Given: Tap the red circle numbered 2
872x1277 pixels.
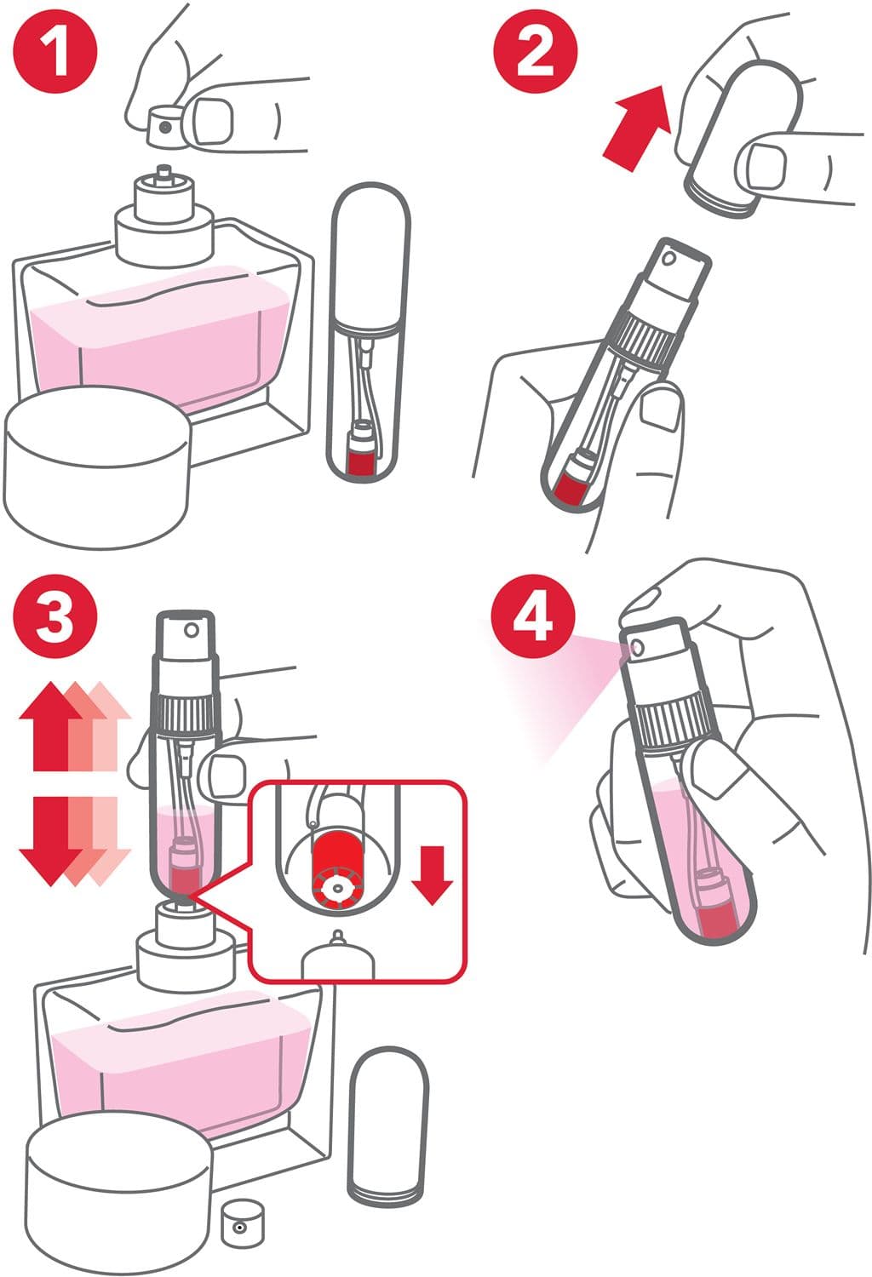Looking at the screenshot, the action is [x=535, y=53].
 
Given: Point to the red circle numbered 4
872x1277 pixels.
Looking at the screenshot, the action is [x=533, y=616].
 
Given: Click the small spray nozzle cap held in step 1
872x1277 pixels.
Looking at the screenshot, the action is [x=163, y=128].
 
